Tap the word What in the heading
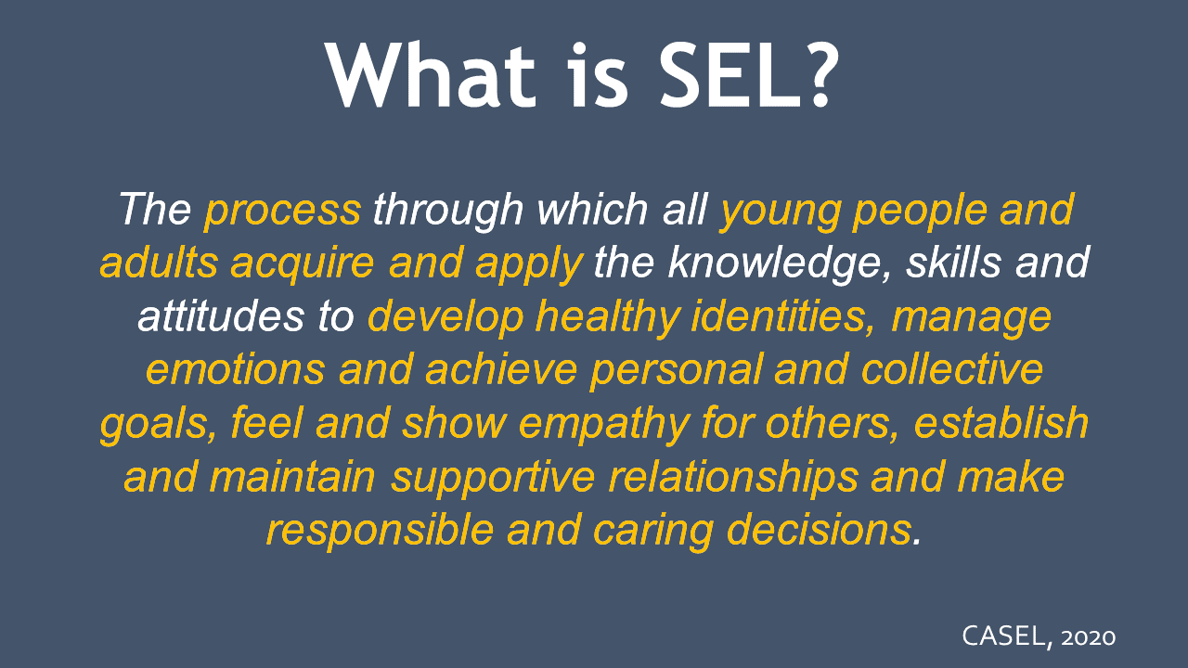(x=431, y=75)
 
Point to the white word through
(x=448, y=211)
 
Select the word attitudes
(x=221, y=316)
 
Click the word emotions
(x=235, y=369)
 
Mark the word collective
(x=952, y=368)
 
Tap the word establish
(x=1001, y=422)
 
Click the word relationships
(x=732, y=477)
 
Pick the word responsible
(x=380, y=530)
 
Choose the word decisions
(x=819, y=529)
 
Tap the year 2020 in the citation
(x=1088, y=637)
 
